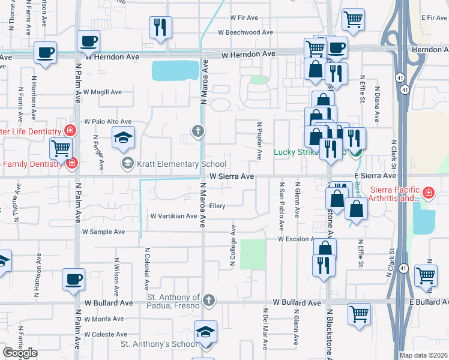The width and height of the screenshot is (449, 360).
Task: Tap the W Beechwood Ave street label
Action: pyautogui.click(x=245, y=32)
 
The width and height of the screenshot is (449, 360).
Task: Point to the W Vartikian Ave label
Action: pyautogui.click(x=173, y=216)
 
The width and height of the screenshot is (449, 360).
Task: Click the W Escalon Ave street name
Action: pyautogui.click(x=297, y=239)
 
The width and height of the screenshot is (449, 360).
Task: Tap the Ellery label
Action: pyautogui.click(x=217, y=206)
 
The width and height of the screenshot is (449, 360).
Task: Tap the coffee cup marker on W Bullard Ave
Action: pyautogui.click(x=74, y=280)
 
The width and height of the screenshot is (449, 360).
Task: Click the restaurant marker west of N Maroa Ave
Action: pyautogui.click(x=160, y=26)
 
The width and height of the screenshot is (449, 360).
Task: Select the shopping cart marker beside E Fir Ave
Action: pyautogui.click(x=354, y=19)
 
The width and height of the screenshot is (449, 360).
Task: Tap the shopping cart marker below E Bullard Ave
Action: pyautogui.click(x=359, y=314)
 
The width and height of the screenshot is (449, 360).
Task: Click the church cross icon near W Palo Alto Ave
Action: pyautogui.click(x=197, y=130)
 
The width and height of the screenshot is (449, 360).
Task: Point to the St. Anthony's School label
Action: pyautogui.click(x=159, y=344)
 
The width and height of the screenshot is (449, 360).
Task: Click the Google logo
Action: pyautogui.click(x=20, y=353)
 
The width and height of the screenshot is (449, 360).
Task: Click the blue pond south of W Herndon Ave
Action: pyautogui.click(x=175, y=70)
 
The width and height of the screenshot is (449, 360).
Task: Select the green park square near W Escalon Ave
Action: pyautogui.click(x=253, y=254)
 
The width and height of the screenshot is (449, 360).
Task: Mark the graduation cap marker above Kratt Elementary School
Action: pyautogui.click(x=123, y=137)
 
